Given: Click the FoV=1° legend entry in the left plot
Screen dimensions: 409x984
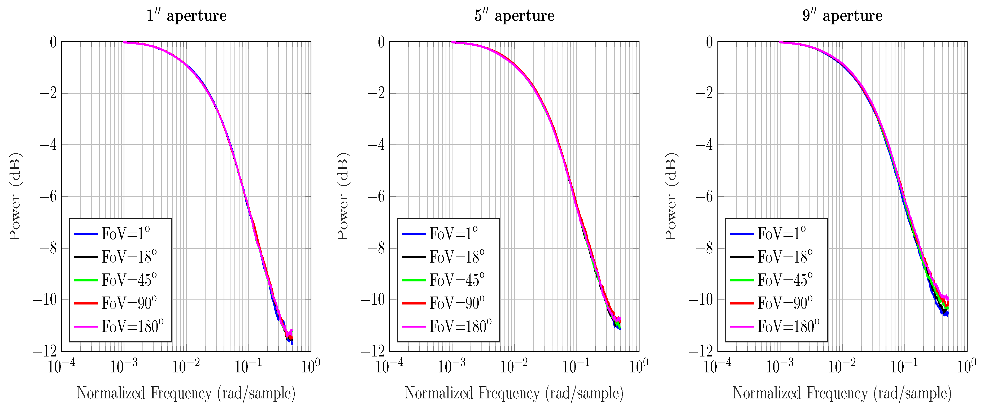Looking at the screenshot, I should click(x=125, y=234).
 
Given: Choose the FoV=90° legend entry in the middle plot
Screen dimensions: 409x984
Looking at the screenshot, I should click(x=457, y=303).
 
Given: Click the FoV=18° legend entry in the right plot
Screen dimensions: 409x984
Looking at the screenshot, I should click(x=785, y=257).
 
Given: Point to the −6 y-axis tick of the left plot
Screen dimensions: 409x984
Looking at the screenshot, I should click(x=49, y=197).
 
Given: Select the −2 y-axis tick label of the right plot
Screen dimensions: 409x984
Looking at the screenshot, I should click(x=704, y=93).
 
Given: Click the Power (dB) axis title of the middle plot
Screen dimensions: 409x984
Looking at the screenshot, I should click(x=343, y=197).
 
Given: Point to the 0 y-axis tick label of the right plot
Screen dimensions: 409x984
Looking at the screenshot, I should click(x=709, y=42).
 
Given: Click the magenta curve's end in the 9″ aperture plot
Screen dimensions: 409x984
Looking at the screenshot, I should click(x=948, y=298).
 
